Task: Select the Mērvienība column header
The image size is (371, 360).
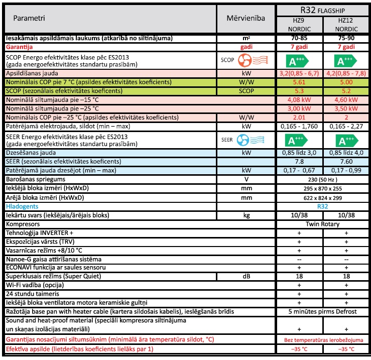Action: [x=245, y=18]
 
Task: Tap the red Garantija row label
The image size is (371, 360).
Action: [x=22, y=47]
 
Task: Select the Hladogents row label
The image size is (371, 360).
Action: [x=22, y=206]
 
